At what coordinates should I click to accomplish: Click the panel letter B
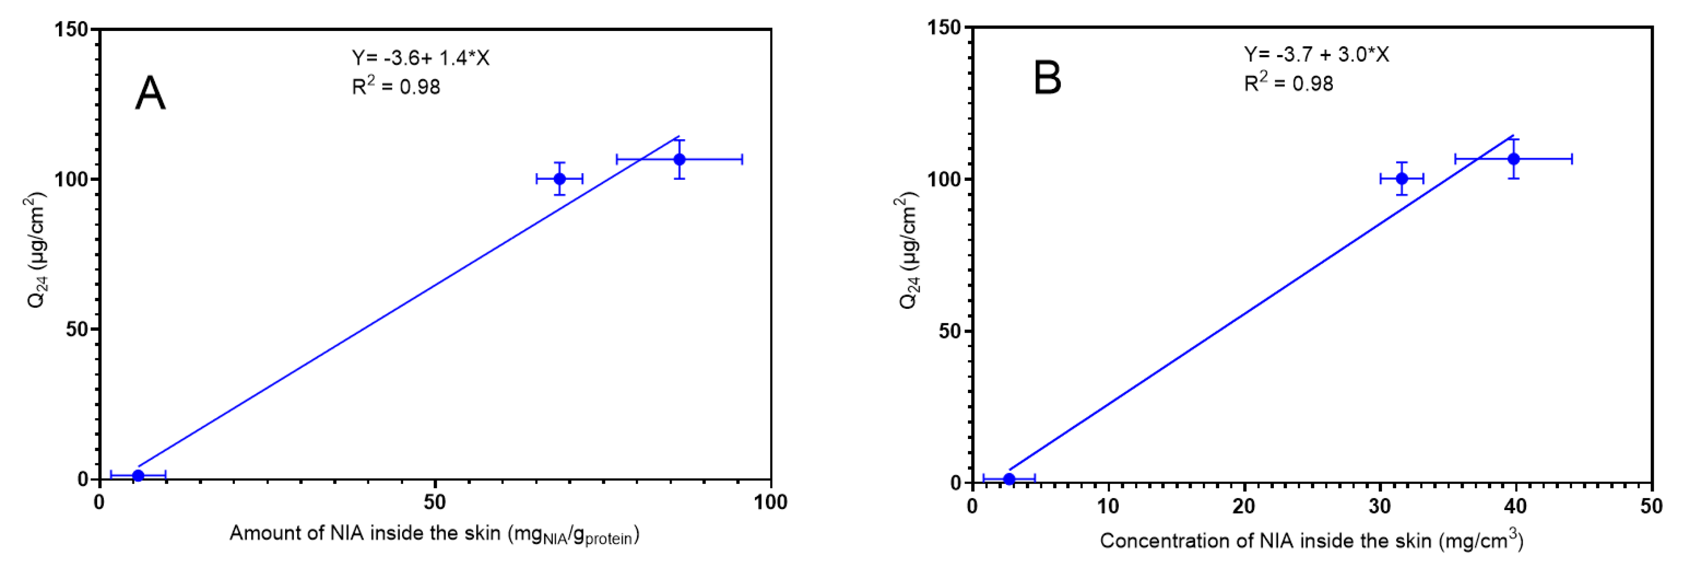(x=1047, y=78)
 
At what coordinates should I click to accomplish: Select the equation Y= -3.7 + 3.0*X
(x=1316, y=54)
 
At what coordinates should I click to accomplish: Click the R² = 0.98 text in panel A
(x=396, y=86)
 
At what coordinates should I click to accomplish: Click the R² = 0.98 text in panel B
(x=1288, y=83)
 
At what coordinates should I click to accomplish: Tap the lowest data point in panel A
(x=138, y=476)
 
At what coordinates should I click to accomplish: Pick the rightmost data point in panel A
(x=680, y=159)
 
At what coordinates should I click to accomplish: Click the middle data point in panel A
(x=559, y=179)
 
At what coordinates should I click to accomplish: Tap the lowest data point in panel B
(x=1009, y=479)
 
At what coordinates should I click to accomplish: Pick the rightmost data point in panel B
(x=1514, y=159)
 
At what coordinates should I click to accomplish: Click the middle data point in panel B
(x=1402, y=179)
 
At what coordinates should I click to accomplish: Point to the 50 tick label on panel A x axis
(x=435, y=502)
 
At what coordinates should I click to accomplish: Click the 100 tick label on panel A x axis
(x=770, y=502)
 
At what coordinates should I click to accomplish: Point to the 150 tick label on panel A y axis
(x=72, y=29)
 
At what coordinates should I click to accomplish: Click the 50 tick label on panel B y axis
(x=949, y=331)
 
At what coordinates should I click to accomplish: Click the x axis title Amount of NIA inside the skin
(x=433, y=534)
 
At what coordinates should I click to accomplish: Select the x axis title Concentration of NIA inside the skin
(x=1311, y=541)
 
